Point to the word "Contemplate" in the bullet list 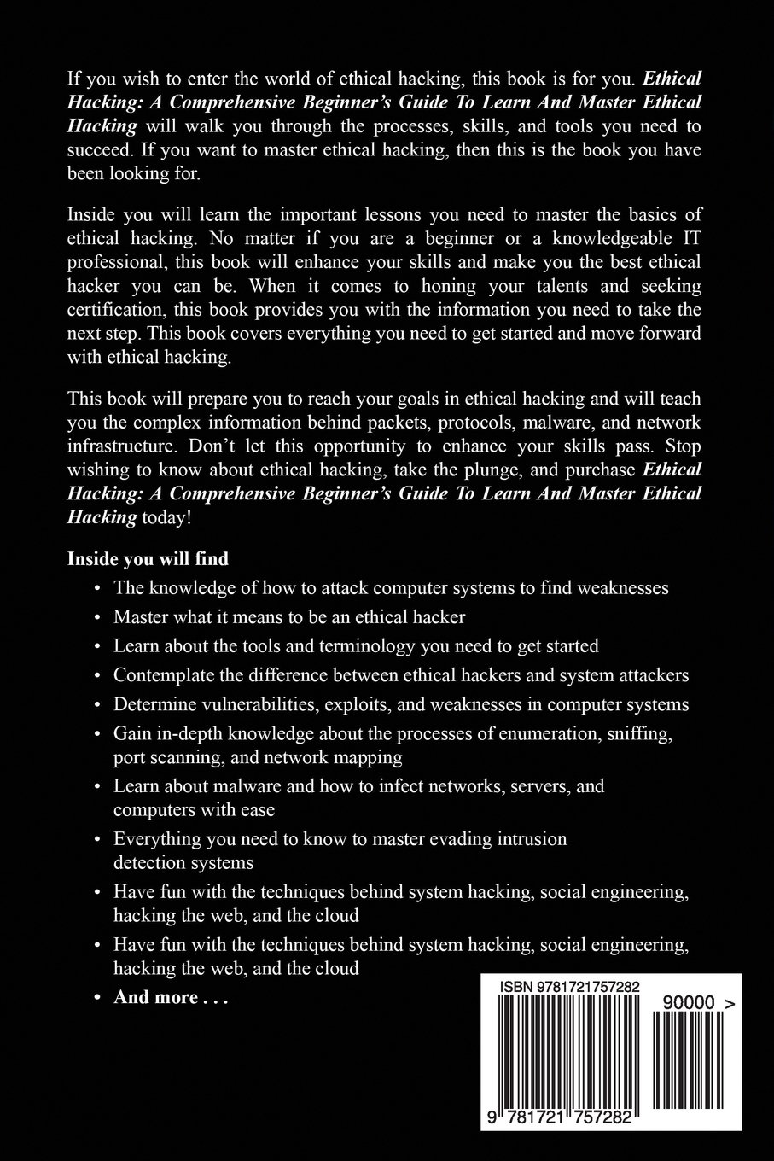pos(160,674)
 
